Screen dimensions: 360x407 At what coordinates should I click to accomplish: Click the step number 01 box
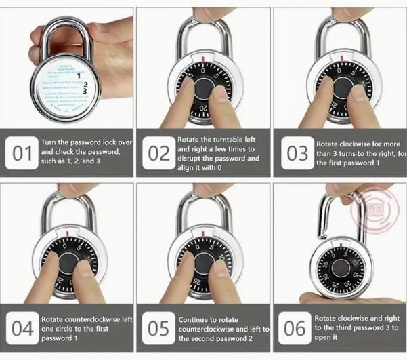[22, 154]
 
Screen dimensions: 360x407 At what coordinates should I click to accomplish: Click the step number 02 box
[158, 154]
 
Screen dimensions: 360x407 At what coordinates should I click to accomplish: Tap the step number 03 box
[297, 154]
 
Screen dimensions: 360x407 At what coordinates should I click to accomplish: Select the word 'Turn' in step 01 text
[49, 142]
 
